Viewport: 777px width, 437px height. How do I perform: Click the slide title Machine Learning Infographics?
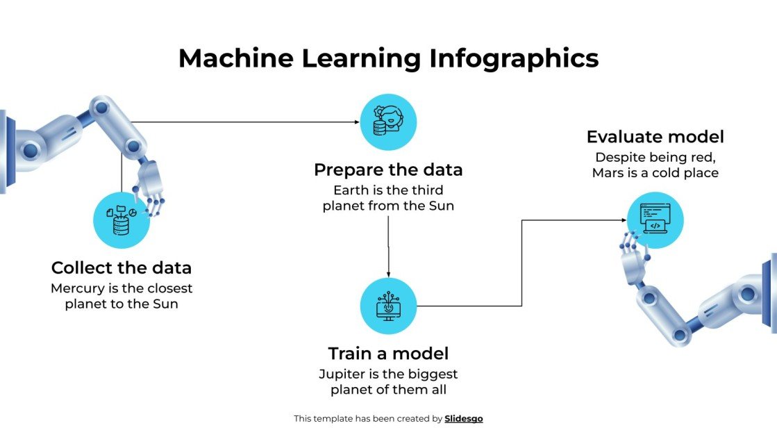tap(388, 58)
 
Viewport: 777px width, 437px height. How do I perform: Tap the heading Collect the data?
tap(122, 268)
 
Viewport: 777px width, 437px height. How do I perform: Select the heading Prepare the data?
tap(388, 170)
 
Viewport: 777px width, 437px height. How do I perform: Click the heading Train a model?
tap(388, 353)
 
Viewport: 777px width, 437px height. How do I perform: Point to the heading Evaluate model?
tap(655, 137)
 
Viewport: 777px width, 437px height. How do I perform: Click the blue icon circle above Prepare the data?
tap(388, 122)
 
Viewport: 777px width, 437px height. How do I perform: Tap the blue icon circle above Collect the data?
tap(122, 220)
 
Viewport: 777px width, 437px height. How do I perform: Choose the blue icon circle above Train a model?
tap(388, 306)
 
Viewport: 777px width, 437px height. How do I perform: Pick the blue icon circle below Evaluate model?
tap(655, 220)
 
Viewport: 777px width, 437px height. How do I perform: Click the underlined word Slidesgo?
tap(463, 419)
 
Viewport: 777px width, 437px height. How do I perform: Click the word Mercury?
tap(76, 288)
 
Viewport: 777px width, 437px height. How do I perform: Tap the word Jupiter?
tap(344, 374)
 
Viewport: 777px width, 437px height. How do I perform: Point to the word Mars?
tap(608, 173)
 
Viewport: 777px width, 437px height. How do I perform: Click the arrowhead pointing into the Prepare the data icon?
tap(357, 122)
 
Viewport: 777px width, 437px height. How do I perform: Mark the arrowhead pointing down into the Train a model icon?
tap(388, 273)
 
